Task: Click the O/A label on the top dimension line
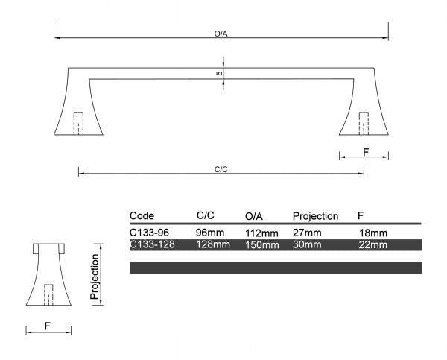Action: [x=221, y=34]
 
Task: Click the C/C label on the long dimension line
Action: [x=221, y=169]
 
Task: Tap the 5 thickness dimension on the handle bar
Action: [x=219, y=73]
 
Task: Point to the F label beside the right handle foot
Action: [x=366, y=152]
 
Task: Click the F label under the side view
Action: [x=48, y=326]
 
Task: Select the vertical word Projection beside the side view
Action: [x=95, y=277]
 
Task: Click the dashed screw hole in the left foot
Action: [x=78, y=124]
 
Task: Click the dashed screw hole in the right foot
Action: [x=364, y=124]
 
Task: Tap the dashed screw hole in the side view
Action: [x=48, y=294]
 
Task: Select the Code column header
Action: [x=142, y=215]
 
